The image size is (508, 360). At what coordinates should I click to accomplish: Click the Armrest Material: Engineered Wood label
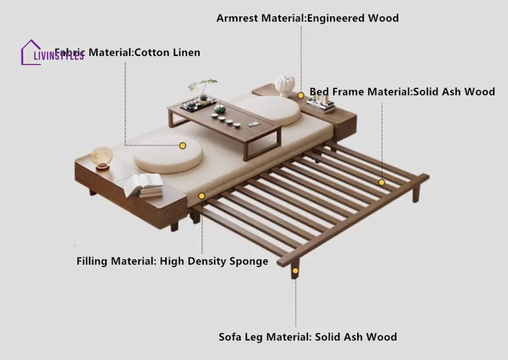(307, 18)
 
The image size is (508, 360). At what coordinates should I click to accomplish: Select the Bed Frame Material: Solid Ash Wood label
(402, 92)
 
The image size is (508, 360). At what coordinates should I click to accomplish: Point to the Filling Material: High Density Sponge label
(172, 262)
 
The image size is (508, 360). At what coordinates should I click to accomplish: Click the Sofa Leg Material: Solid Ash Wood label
(308, 337)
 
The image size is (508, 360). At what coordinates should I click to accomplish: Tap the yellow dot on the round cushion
(183, 145)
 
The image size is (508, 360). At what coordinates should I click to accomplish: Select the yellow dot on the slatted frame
(382, 182)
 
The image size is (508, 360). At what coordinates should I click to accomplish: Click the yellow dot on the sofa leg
(295, 271)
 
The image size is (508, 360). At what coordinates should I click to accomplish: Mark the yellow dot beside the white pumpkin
(301, 95)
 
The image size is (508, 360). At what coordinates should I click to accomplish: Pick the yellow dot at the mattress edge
(202, 196)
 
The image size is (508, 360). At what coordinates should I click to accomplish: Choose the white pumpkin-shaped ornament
(285, 85)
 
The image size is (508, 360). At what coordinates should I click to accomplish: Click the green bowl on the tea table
(219, 108)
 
